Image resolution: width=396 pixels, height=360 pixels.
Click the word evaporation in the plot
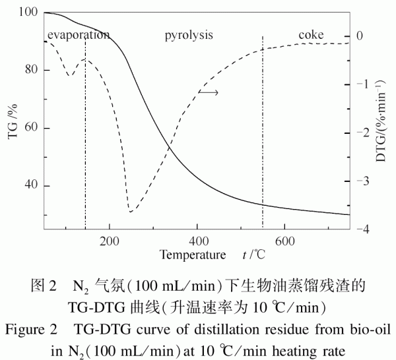point(77,34)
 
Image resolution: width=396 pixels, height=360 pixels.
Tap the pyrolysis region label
point(189,34)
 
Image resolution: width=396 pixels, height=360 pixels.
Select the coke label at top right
point(311,34)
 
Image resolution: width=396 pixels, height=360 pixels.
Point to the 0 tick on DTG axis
point(360,36)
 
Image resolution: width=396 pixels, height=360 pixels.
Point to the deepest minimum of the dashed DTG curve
point(131,212)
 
